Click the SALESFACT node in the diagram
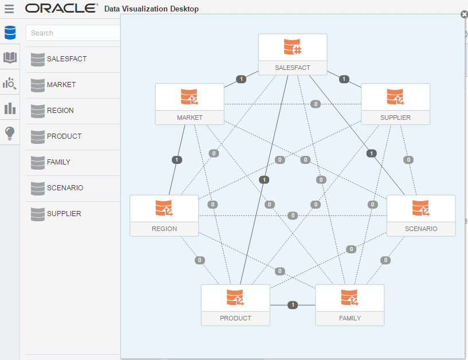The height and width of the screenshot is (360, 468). pyautogui.click(x=292, y=54)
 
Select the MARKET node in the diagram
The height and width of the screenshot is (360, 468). pyautogui.click(x=190, y=104)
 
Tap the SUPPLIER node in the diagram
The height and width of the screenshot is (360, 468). pyautogui.click(x=395, y=104)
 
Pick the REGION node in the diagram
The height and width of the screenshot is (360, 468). pyautogui.click(x=164, y=216)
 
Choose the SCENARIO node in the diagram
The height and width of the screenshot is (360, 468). pyautogui.click(x=421, y=216)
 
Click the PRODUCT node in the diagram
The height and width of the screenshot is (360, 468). pyautogui.click(x=235, y=305)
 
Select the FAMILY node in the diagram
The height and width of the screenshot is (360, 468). pyautogui.click(x=349, y=305)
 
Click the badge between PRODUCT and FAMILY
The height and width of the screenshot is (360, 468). pyautogui.click(x=293, y=305)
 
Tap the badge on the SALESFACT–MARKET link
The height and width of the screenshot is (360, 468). pyautogui.click(x=241, y=79)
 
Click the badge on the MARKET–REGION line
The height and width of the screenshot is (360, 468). pyautogui.click(x=177, y=160)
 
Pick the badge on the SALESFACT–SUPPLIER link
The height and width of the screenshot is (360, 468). pyautogui.click(x=344, y=79)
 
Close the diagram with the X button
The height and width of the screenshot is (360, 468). pyautogui.click(x=464, y=14)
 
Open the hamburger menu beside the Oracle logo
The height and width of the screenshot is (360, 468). pyautogui.click(x=9, y=9)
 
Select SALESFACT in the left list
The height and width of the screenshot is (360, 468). pyautogui.click(x=66, y=58)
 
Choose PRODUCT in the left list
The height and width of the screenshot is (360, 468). pyautogui.click(x=64, y=136)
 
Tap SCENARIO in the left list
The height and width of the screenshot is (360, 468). pyautogui.click(x=65, y=187)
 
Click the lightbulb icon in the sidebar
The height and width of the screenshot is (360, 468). pyautogui.click(x=10, y=133)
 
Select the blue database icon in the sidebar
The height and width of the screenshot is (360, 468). pyautogui.click(x=10, y=33)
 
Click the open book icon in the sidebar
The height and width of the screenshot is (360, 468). pyautogui.click(x=10, y=58)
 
